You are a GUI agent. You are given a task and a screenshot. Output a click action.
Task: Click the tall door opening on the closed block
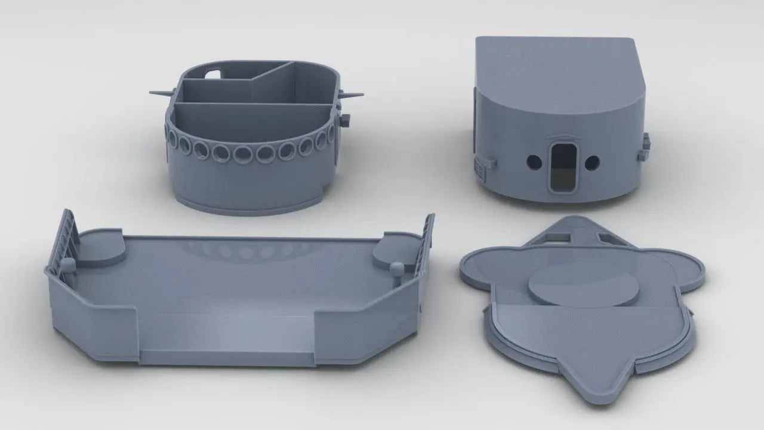tap(563, 168)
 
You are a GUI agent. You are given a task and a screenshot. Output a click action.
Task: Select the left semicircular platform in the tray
tap(100, 246)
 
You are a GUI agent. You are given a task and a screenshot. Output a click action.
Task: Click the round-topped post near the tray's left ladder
tap(69, 264)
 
